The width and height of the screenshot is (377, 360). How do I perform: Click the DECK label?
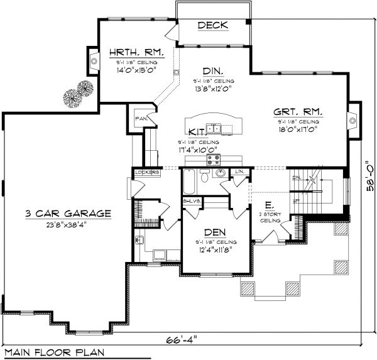[x=213, y=26]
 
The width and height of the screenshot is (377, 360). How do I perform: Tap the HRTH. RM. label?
[x=136, y=52]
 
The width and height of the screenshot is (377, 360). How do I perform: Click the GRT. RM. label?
[x=298, y=111]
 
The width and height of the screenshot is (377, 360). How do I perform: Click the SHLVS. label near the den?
[x=192, y=201]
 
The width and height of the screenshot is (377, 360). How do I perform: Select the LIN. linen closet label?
[x=239, y=172]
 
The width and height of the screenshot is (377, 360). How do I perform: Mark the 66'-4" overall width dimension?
[x=182, y=339]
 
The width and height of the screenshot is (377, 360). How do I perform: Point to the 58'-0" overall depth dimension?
[x=371, y=170]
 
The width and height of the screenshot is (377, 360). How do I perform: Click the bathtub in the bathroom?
[x=189, y=182]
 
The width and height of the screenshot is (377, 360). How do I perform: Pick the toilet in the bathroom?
[x=204, y=178]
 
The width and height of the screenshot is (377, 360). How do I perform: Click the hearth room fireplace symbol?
[x=94, y=62]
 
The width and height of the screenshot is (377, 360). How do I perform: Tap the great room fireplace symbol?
[x=353, y=117]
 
